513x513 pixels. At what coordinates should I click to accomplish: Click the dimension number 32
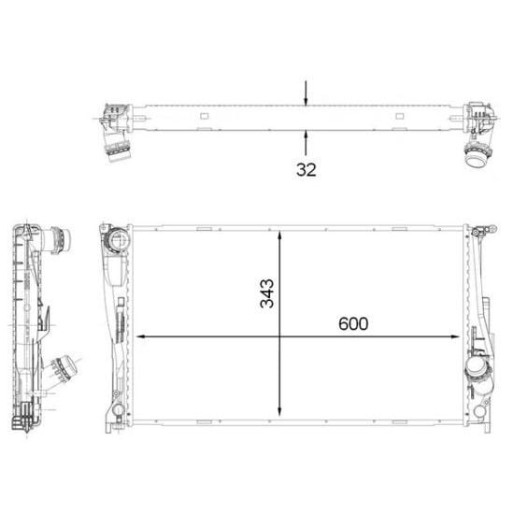point(306,170)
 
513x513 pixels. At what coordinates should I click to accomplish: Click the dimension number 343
point(267,293)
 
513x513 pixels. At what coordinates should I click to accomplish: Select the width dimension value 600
point(353,323)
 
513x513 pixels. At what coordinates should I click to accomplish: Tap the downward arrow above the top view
point(306,93)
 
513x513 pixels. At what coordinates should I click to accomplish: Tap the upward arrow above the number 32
point(306,142)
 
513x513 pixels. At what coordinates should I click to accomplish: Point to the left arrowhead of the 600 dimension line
point(141,336)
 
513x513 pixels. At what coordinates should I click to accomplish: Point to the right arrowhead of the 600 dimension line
point(455,336)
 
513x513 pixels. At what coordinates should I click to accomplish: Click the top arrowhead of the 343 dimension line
point(279,236)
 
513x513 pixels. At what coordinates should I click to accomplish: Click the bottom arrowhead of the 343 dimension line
point(279,411)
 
